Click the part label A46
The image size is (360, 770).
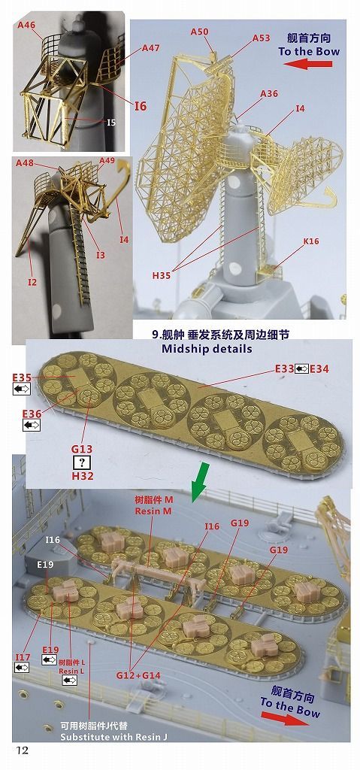[26, 25]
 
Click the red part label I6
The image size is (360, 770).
[141, 106]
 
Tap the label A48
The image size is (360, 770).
[27, 162]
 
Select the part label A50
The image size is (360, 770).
[199, 31]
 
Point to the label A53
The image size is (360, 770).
[261, 38]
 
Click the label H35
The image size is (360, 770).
[162, 276]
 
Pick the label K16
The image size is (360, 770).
[311, 241]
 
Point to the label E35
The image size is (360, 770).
[22, 377]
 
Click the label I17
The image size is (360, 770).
[23, 657]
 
